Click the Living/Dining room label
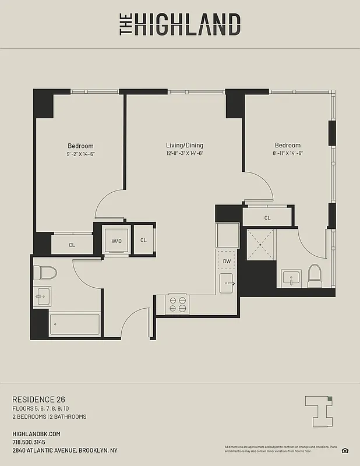[185, 145]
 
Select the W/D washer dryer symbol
[116, 240]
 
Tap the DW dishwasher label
[226, 261]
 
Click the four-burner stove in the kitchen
[178, 304]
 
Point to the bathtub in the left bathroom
[74, 324]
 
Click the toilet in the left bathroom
[45, 273]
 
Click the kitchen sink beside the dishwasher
[227, 284]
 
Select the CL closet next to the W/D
[143, 239]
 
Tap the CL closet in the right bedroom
[267, 218]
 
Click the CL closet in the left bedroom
[72, 245]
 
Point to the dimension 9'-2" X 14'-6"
[80, 154]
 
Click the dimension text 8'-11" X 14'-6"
[288, 153]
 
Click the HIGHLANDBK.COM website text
[36, 434]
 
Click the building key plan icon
[320, 410]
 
